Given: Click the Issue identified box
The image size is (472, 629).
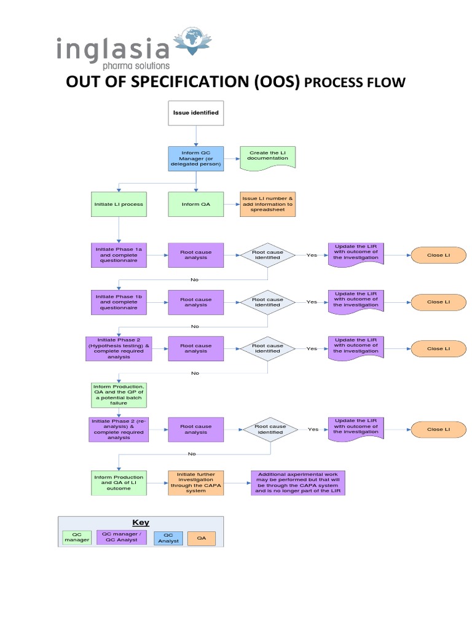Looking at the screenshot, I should (196, 113).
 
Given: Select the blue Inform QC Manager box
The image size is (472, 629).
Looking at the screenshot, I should (196, 158).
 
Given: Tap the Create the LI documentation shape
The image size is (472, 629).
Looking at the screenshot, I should (267, 158).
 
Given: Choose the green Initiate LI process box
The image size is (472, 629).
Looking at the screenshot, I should (119, 204).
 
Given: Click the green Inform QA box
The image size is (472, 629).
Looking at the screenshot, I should (196, 204).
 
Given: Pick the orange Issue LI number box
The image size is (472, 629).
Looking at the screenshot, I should (267, 204).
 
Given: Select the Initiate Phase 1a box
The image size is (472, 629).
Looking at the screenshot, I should (119, 254).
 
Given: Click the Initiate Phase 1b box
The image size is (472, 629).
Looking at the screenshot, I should (119, 302).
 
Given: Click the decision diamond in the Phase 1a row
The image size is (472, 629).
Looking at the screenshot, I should (267, 254).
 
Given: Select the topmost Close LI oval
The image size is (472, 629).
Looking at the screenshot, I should (438, 255).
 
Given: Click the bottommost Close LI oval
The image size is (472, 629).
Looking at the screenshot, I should (438, 429).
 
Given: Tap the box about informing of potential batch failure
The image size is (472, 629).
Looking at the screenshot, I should (119, 395).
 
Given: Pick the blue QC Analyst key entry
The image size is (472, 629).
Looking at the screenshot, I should (168, 538).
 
